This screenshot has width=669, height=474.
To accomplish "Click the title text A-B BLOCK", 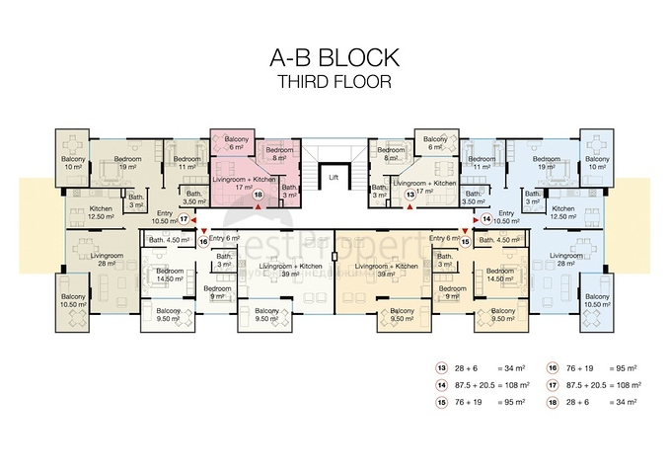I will coord(334,58).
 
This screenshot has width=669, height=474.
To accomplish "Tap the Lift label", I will coord(334,178).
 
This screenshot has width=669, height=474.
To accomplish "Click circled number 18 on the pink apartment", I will coord(258,196).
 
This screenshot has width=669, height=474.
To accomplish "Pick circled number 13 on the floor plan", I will coord(410,196).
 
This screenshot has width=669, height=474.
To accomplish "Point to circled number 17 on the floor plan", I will coord(183,220).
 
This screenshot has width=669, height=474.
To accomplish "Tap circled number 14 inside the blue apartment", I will coord(485,220).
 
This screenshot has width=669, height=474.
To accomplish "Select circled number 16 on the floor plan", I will coord(203,240).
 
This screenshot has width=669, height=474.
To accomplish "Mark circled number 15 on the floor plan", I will coord(465,240).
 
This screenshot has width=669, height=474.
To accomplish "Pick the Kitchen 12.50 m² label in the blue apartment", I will coord(562,212).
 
